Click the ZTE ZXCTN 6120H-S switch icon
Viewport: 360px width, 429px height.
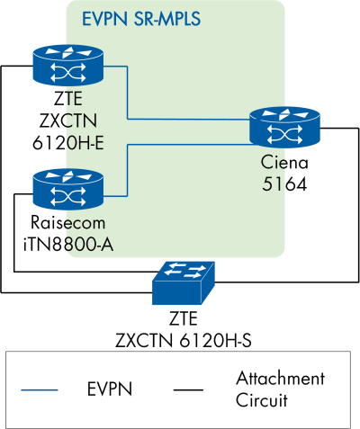[x=184, y=283]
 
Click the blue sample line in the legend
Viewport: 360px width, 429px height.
[x=37, y=389]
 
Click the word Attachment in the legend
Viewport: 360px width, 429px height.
[x=279, y=379]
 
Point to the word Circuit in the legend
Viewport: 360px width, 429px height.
[x=264, y=398]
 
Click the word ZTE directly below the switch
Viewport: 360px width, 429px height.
[x=183, y=320]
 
